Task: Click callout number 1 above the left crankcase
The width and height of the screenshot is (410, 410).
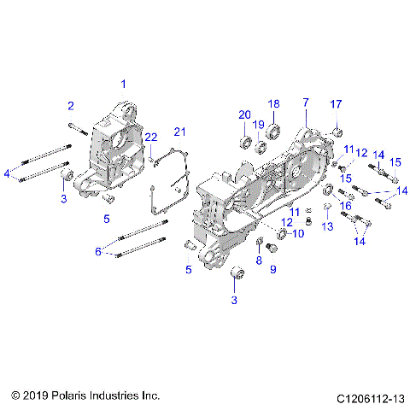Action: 123,84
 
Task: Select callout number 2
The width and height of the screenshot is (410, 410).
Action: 71,106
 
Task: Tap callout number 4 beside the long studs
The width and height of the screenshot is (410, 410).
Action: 8,173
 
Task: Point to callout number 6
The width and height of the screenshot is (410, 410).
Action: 98,251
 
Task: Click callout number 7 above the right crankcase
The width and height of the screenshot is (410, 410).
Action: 304,102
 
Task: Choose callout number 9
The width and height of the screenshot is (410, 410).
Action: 273,269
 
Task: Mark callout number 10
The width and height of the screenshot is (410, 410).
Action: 298,233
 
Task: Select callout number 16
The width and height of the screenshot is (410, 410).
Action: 346,206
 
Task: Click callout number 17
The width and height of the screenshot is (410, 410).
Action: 336,104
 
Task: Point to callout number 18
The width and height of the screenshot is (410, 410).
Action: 274,103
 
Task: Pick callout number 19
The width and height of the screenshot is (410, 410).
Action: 258,125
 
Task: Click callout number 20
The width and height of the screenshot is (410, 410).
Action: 243,115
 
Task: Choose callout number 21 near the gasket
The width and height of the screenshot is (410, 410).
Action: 179,131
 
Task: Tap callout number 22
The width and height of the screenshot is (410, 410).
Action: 150,138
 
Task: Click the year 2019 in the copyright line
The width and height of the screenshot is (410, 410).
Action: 39,395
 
